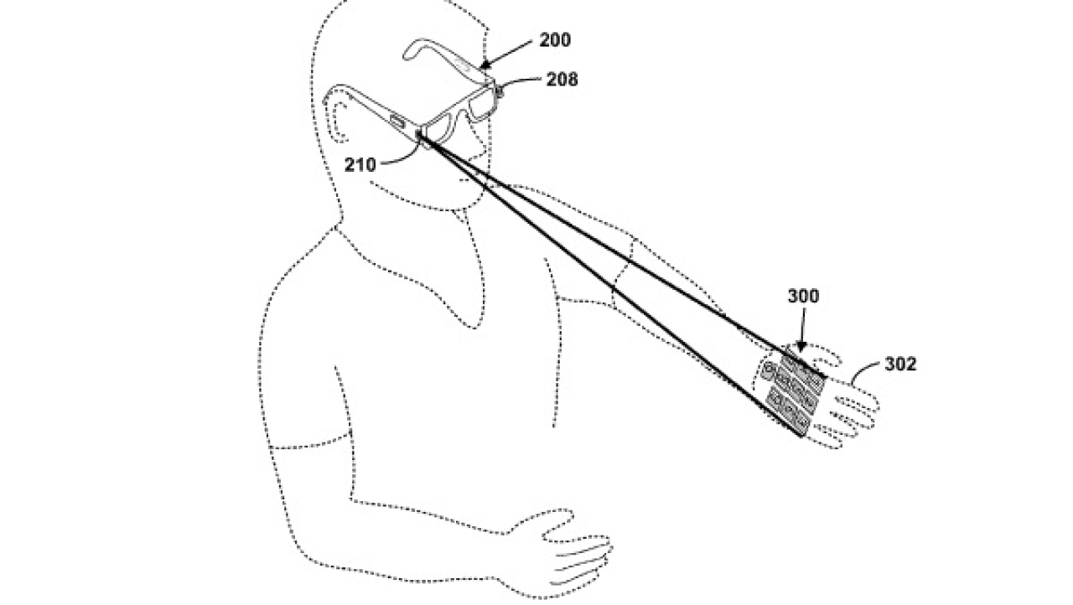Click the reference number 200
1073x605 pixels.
(x=555, y=39)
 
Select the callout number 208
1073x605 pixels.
(x=562, y=80)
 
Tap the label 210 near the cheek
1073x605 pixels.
(x=360, y=165)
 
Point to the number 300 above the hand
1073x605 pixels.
(x=803, y=297)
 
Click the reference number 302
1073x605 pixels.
(x=900, y=365)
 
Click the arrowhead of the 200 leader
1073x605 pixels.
(x=485, y=65)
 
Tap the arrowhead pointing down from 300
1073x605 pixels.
(x=800, y=347)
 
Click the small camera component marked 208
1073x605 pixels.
(x=498, y=90)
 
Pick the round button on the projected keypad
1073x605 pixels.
(x=769, y=370)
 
